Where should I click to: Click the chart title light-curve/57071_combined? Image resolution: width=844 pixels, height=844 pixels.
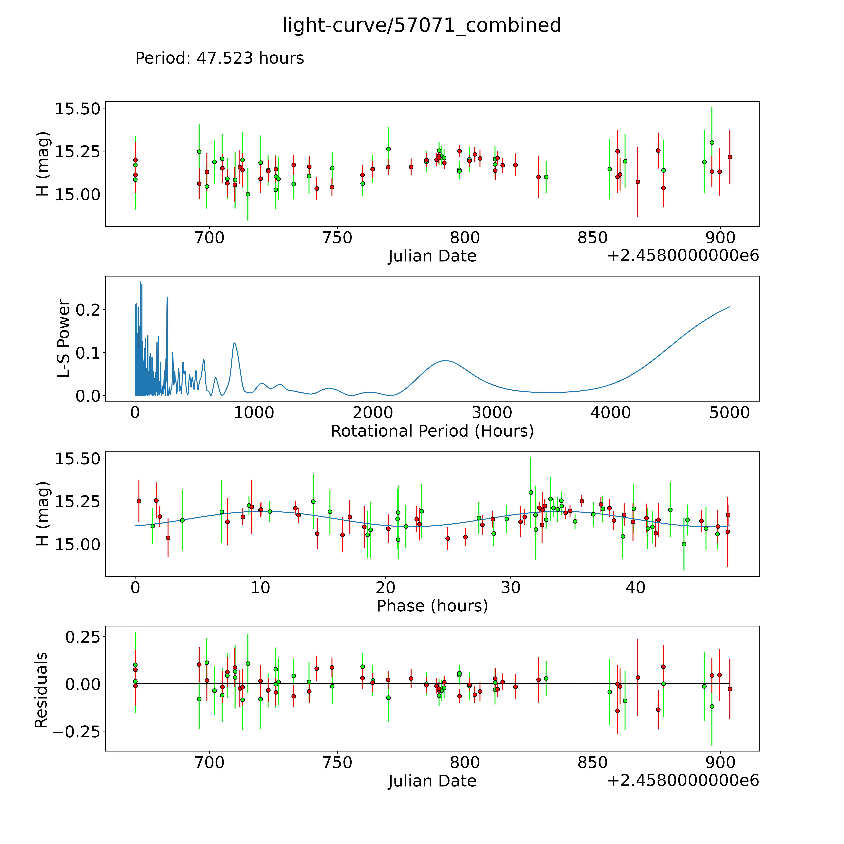pyautogui.click(x=422, y=25)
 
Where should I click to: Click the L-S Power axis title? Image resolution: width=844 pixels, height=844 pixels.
pyautogui.click(x=64, y=339)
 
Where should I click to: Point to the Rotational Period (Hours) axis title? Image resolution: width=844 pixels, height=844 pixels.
pyautogui.click(x=432, y=431)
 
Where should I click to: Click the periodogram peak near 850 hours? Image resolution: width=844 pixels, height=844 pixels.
pyautogui.click(x=235, y=343)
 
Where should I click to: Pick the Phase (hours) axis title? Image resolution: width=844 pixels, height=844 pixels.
pyautogui.click(x=432, y=606)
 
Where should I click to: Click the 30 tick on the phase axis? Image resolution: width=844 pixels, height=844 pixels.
pyautogui.click(x=510, y=588)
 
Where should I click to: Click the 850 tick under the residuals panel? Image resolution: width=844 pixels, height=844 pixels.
pyautogui.click(x=592, y=763)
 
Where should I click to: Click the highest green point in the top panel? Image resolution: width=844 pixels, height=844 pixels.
pyautogui.click(x=712, y=142)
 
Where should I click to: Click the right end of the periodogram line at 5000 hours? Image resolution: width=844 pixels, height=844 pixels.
pyautogui.click(x=730, y=307)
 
